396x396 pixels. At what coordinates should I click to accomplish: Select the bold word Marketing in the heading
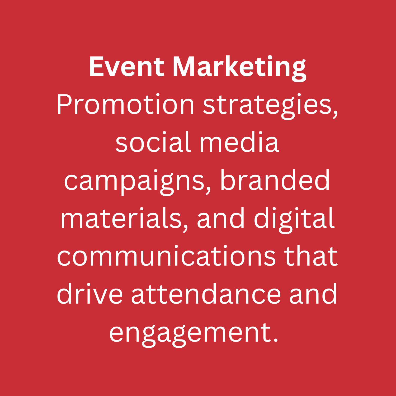pyautogui.click(x=239, y=68)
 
